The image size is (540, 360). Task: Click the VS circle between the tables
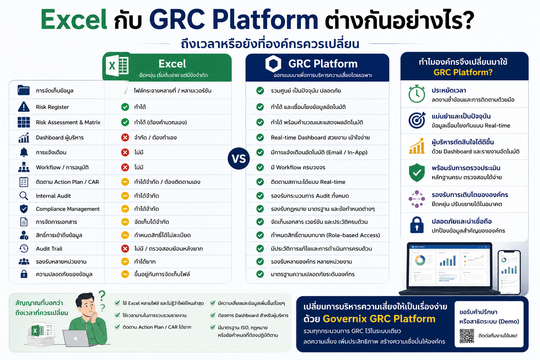coord(239,159)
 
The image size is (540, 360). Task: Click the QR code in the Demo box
coord(467,336)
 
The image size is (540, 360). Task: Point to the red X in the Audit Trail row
coord(125,248)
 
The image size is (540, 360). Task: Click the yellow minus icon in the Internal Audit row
coord(125,195)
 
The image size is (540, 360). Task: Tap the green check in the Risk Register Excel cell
coord(125,107)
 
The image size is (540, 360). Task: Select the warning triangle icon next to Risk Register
coord(24,107)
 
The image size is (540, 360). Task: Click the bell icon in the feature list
coord(24,152)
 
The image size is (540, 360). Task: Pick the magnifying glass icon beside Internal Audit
coord(24,196)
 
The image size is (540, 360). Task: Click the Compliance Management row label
coord(67,209)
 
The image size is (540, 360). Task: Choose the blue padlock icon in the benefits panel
coord(417,225)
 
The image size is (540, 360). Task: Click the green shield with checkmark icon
coord(417,172)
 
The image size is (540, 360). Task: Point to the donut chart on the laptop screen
coord(420,260)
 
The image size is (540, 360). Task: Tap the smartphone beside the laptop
coord(509,272)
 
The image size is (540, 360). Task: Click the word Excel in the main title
coord(74,19)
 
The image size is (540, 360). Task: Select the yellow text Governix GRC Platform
coord(379,319)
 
